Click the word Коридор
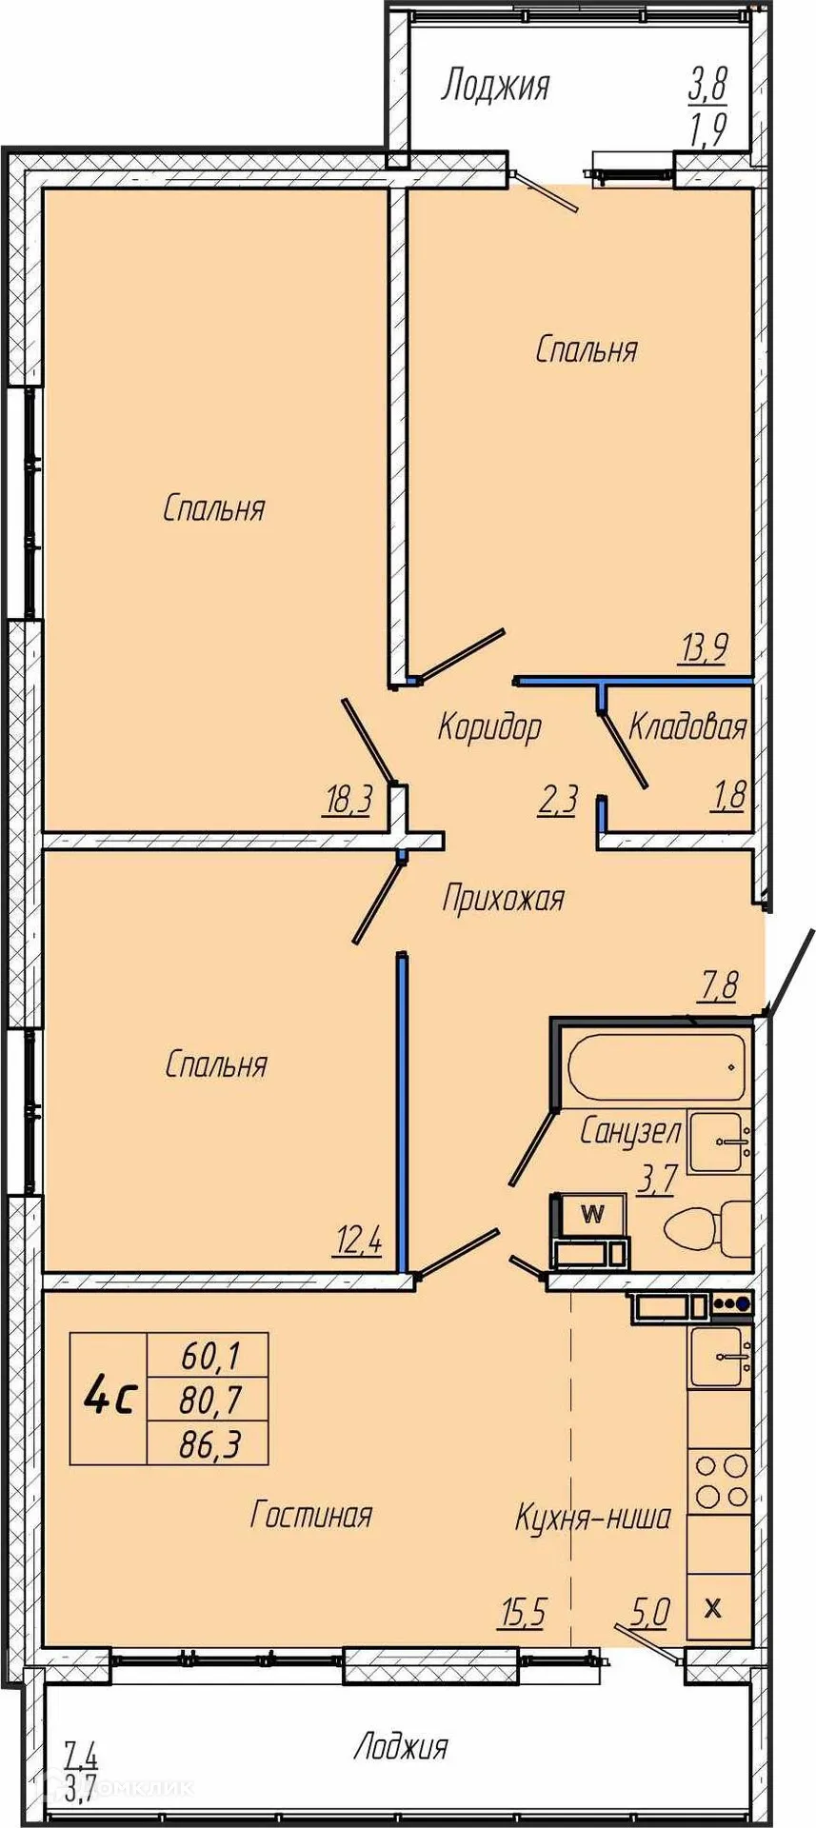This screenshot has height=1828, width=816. pyautogui.click(x=489, y=727)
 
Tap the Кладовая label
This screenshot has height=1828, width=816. pyautogui.click(x=687, y=727)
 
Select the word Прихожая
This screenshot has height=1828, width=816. pyautogui.click(x=504, y=898)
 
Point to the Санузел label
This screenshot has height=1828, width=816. pyautogui.click(x=630, y=1131)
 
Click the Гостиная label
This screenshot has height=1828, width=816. pyautogui.click(x=310, y=1514)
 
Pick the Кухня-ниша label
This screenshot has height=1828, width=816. pyautogui.click(x=593, y=1517)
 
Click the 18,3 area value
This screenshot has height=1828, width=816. pyautogui.click(x=348, y=802)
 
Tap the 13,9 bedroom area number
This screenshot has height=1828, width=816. pyautogui.click(x=704, y=649)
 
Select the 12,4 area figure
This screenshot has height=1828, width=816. pyautogui.click(x=358, y=1241)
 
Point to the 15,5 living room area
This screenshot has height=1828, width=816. pyautogui.click(x=523, y=1613)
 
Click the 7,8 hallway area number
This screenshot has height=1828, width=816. pyautogui.click(x=720, y=985)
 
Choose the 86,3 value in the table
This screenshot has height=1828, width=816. pyautogui.click(x=210, y=1445)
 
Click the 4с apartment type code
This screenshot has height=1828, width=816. pyautogui.click(x=110, y=1397)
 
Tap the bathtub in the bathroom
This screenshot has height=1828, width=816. pyautogui.click(x=657, y=1066)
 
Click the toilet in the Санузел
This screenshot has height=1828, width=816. pyautogui.click(x=707, y=1228)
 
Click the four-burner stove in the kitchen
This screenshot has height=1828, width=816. pyautogui.click(x=720, y=1480)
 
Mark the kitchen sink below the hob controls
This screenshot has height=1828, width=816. pyautogui.click(x=721, y=1357)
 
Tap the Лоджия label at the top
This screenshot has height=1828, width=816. pyautogui.click(x=495, y=86)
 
